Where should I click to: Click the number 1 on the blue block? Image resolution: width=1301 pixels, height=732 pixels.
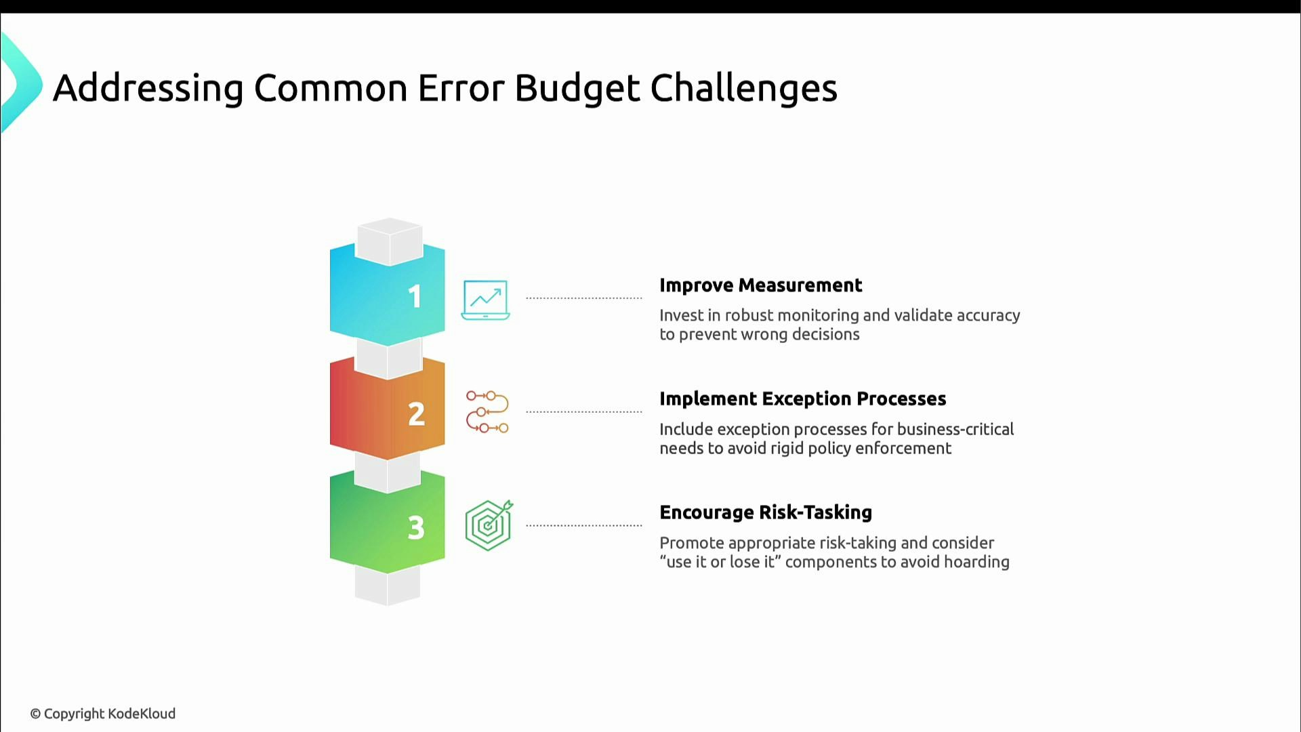[x=415, y=297]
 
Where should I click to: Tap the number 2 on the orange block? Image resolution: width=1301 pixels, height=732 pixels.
[x=416, y=414]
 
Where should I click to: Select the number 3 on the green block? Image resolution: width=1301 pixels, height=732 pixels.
[x=416, y=527]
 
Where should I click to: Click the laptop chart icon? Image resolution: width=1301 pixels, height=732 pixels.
[x=485, y=300]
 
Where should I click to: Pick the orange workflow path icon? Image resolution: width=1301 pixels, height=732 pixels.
[x=487, y=411]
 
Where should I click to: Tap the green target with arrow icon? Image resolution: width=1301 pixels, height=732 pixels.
[x=489, y=525]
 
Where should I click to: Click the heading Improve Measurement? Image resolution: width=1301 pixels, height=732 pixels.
[x=760, y=285]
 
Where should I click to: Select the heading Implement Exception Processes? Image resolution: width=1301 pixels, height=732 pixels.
[x=802, y=399]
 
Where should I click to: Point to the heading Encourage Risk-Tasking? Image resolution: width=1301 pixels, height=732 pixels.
[x=766, y=512]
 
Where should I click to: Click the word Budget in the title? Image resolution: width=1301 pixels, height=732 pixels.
[x=577, y=88]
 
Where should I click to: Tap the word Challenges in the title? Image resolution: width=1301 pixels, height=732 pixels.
[x=743, y=88]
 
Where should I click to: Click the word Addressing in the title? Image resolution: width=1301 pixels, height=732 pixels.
[x=148, y=88]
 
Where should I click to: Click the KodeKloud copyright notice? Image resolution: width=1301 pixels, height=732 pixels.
[x=103, y=714]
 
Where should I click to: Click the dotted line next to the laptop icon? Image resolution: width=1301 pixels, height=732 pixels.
[x=583, y=298]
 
